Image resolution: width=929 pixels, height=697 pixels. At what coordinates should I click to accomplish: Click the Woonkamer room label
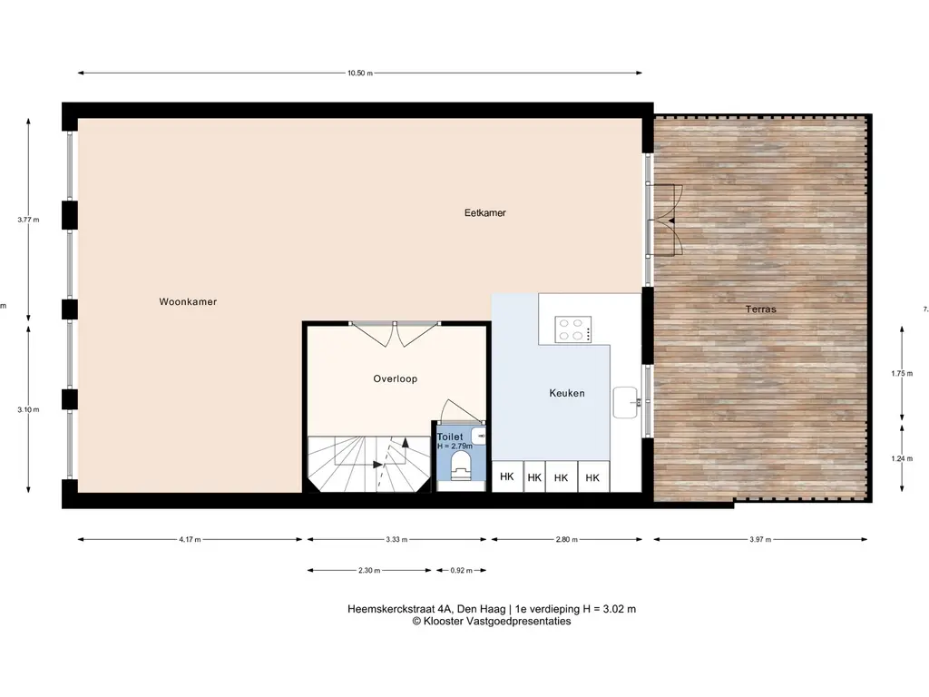[x=188, y=301]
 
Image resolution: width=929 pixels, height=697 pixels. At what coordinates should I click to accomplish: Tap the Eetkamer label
[x=484, y=212]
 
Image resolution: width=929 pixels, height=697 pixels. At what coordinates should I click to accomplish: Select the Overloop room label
[x=396, y=378]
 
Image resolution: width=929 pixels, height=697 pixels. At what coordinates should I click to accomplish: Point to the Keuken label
[x=566, y=393]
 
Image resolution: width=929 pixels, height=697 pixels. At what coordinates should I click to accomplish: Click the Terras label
[x=761, y=309]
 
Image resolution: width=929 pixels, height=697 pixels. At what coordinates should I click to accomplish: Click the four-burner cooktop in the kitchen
[x=573, y=329]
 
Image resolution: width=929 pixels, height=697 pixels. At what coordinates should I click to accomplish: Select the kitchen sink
[x=626, y=402]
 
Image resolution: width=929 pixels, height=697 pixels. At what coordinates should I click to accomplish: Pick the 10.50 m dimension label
[x=360, y=74]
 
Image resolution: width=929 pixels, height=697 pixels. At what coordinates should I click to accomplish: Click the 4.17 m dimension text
[x=190, y=540]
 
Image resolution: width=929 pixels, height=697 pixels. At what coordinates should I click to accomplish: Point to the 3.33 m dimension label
[x=396, y=540]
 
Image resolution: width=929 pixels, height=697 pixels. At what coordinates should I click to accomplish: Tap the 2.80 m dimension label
[x=566, y=540]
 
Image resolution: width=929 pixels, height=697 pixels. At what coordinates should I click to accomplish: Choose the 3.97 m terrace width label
[x=760, y=540]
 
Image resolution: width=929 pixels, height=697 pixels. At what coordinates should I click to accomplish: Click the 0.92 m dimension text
[x=462, y=571]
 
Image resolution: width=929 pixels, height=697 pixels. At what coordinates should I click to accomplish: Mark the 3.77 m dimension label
[x=28, y=220]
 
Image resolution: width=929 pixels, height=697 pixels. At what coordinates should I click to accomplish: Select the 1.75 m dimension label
[x=902, y=374]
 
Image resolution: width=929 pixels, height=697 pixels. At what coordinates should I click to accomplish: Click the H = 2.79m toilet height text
[x=455, y=446]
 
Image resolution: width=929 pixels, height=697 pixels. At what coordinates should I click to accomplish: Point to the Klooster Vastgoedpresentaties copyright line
[x=492, y=621]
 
